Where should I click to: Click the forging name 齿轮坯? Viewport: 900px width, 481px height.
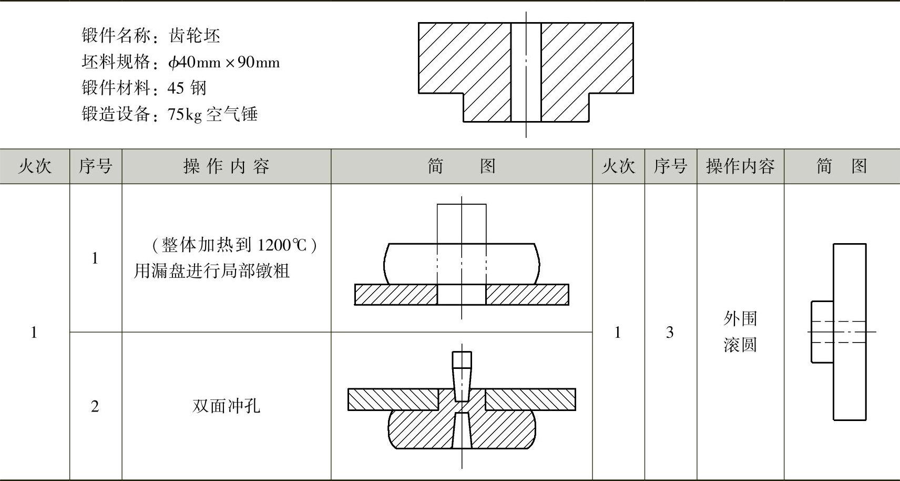[x=195, y=36]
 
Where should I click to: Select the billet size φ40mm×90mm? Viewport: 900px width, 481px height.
[x=223, y=62]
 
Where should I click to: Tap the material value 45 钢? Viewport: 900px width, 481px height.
[x=187, y=87]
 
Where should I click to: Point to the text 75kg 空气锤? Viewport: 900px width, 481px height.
[x=212, y=114]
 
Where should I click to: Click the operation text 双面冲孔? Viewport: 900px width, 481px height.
[x=226, y=406]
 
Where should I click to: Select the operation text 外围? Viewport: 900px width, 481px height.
[x=740, y=318]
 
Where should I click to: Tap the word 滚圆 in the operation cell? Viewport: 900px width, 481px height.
[x=740, y=345]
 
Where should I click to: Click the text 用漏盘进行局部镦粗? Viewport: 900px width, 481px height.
[x=211, y=270]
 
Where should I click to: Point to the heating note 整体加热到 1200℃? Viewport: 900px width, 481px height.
[x=234, y=245]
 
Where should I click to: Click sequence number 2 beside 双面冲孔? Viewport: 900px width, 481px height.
[x=95, y=406]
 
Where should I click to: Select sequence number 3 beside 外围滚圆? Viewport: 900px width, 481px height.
[x=670, y=332]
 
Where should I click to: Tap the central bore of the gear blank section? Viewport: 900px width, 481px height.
[x=526, y=72]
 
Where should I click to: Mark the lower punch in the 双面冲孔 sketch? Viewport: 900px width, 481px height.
[x=462, y=430]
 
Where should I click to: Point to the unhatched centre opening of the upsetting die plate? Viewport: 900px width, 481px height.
[x=462, y=295]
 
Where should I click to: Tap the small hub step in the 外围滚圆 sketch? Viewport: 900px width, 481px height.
[x=822, y=332]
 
